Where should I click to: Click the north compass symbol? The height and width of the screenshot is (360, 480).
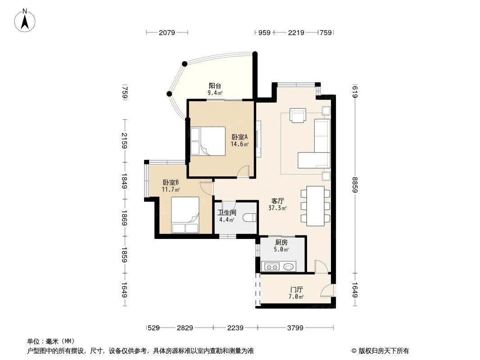click(26, 20)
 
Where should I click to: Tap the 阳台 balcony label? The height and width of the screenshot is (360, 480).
click(215, 86)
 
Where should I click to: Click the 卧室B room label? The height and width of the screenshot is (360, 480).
click(171, 183)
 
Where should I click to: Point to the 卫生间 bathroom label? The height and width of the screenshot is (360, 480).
click(226, 213)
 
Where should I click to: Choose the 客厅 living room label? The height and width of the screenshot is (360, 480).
click(277, 201)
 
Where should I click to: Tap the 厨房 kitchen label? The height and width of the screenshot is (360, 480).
click(281, 242)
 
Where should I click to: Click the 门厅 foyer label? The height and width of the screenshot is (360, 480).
click(296, 290)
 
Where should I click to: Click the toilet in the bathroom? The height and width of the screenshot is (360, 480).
click(249, 218)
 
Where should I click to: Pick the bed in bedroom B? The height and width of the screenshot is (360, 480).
click(185, 215)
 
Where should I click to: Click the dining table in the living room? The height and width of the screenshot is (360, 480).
click(315, 206)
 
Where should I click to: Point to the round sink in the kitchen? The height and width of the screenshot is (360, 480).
click(289, 267)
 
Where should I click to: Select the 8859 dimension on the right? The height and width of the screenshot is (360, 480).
click(355, 184)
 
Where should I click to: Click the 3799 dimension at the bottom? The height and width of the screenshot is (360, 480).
click(295, 328)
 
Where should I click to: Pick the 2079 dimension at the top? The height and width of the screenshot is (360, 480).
click(167, 32)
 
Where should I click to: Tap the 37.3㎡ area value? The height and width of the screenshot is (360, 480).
click(277, 208)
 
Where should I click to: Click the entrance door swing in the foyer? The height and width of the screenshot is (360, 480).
click(327, 291)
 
